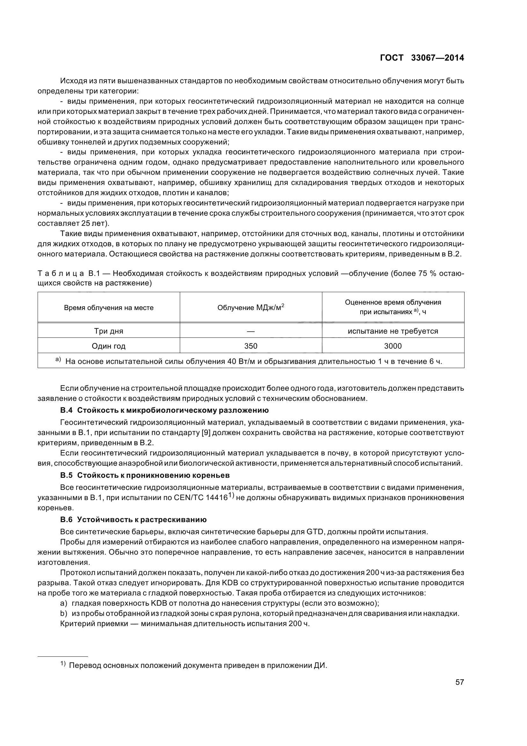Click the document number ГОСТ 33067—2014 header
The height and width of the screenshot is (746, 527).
[x=422, y=58]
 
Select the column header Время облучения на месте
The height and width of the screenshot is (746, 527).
[x=108, y=308]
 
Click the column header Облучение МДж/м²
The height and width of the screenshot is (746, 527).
[x=251, y=307]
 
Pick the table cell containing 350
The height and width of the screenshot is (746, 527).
[x=251, y=346]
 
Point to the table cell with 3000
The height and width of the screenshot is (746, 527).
[x=393, y=346]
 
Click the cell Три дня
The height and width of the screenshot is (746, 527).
[x=108, y=331]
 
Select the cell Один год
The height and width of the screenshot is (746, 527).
[x=108, y=346]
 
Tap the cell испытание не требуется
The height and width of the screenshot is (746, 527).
[x=393, y=331]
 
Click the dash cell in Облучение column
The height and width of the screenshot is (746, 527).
[x=251, y=331]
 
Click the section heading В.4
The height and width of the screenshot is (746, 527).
[x=164, y=410]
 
